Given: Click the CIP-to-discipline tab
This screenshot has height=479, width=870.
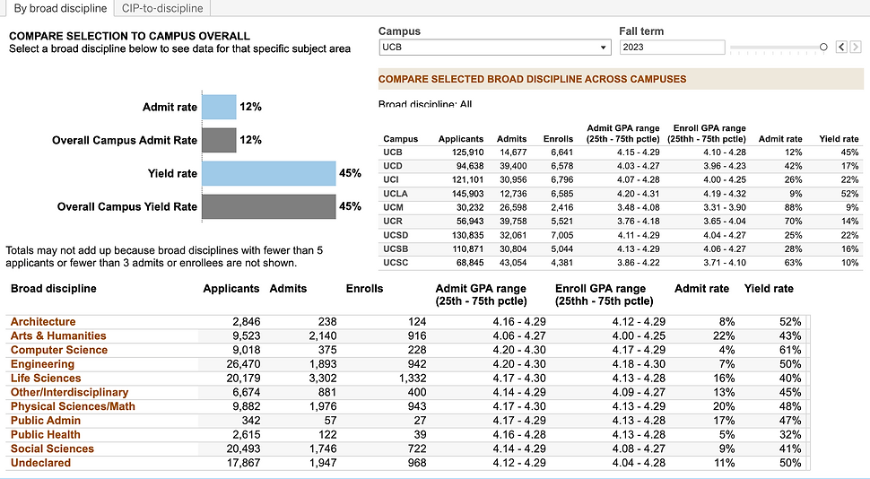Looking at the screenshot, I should point(163,9).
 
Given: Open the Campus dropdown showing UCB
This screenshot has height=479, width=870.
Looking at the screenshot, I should point(493,48).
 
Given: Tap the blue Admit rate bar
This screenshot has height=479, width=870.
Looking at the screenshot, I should point(219,108).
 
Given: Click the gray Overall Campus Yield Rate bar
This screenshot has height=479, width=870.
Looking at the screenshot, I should point(268,206).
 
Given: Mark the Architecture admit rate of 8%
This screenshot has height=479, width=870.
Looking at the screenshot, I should point(726,321).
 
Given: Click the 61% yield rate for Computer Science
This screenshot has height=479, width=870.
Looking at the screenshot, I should point(790,350).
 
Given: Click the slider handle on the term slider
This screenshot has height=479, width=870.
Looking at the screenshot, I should point(823,48).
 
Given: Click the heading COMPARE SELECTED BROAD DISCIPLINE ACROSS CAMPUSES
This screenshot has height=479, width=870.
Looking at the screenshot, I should point(533,79).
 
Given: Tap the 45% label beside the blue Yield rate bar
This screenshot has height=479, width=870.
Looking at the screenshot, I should point(350,173).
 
